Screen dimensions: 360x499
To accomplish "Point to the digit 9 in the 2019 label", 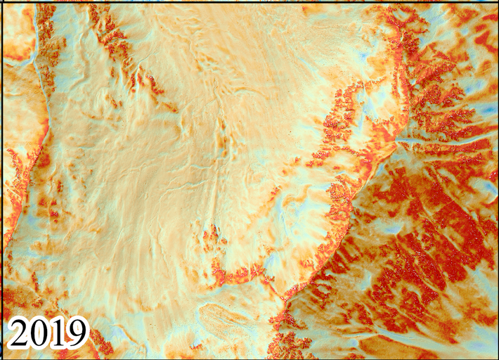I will pos(77,333).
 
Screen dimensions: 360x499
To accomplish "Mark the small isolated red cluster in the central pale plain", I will pos(209,237).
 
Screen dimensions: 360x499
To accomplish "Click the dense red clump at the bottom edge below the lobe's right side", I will pos(288,345).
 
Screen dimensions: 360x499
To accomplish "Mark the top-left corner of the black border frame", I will pos(1,1).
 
